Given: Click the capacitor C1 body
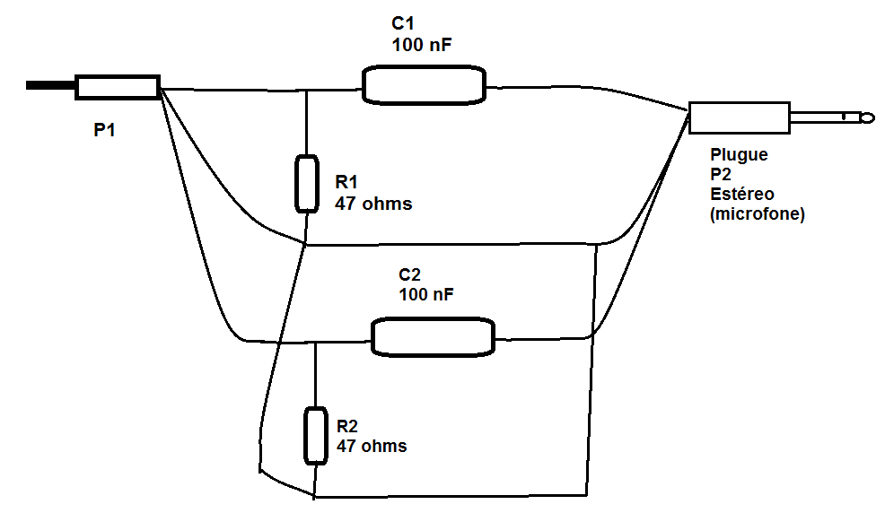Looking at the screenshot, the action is point(424,85).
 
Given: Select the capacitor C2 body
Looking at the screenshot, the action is point(433,337).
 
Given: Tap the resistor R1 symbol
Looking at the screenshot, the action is point(306,184).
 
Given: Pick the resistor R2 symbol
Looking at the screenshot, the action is point(316,436).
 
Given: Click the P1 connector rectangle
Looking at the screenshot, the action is point(118,87).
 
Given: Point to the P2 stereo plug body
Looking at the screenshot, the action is point(740,117).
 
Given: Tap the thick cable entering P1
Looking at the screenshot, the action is point(50,86).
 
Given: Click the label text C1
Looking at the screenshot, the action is point(402,23).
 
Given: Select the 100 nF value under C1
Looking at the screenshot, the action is point(422,45).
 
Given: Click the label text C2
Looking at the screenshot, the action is point(410,274).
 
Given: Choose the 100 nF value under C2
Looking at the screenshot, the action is point(426,294).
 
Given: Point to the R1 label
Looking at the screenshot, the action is point(346,182).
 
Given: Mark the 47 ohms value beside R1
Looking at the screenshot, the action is point(373,204).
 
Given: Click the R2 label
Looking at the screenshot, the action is point(347,426).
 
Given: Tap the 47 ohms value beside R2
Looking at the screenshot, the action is point(372,446).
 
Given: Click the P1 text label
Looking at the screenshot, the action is point(104,130).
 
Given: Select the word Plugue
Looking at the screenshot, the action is point(739,155).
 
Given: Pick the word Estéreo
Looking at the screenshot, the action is point(742,194).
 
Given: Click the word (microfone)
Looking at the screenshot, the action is point(758,214).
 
